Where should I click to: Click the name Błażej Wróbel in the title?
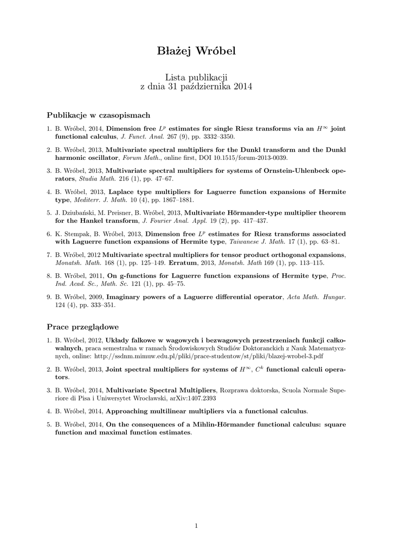pyautogui.click(x=196, y=52)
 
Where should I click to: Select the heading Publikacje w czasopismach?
pyautogui.click(x=99, y=115)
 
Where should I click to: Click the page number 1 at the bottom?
pyautogui.click(x=196, y=525)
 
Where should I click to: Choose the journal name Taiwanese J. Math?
pyautogui.click(x=258, y=242)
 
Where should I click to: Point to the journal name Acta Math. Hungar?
pyautogui.click(x=317, y=298)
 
